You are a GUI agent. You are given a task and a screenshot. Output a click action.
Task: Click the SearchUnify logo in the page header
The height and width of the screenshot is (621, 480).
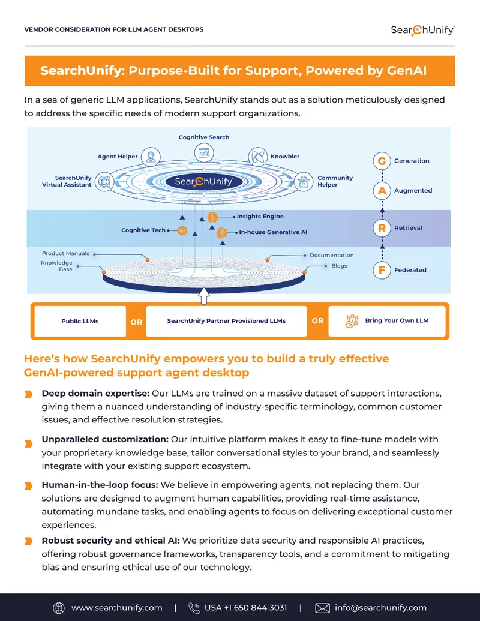(x=422, y=30)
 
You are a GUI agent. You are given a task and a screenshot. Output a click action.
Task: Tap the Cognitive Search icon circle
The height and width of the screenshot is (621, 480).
(x=204, y=152)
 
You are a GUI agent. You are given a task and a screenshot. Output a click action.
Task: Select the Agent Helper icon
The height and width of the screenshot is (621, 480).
(x=151, y=157)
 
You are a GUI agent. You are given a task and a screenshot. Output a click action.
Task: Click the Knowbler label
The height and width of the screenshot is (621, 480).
(x=285, y=157)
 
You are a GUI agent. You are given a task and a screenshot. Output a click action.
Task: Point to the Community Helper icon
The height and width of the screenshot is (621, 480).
(x=304, y=182)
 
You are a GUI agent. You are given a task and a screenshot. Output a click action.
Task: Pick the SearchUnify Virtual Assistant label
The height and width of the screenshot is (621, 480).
(x=67, y=181)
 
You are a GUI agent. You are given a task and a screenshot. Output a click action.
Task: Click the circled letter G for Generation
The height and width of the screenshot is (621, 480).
(x=382, y=161)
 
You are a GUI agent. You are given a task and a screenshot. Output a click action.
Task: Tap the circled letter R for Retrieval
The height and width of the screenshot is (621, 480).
(x=382, y=228)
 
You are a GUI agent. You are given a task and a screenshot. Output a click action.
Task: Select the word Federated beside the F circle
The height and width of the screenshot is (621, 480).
(x=410, y=270)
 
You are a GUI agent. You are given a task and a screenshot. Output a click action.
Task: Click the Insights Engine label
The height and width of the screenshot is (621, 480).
(x=260, y=216)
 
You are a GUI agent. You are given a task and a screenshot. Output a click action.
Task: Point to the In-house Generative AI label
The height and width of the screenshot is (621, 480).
(x=273, y=232)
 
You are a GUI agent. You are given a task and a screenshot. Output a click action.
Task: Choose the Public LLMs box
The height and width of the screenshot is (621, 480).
(x=80, y=321)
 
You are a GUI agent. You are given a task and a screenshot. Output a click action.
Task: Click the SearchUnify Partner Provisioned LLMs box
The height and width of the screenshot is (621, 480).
(x=226, y=321)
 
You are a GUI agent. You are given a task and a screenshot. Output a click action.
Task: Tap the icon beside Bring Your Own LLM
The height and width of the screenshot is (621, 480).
(x=352, y=321)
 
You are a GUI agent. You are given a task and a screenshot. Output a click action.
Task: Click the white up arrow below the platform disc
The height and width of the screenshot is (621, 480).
(x=203, y=296)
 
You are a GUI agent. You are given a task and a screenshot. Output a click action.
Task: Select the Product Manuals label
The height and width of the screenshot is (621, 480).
(x=66, y=253)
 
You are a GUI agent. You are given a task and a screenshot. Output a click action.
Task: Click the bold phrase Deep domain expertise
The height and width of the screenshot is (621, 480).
(x=95, y=393)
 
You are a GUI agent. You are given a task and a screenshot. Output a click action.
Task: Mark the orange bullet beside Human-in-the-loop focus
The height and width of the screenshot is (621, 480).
(x=29, y=486)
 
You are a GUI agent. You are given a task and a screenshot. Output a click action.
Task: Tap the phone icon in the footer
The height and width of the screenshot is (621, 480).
(x=194, y=608)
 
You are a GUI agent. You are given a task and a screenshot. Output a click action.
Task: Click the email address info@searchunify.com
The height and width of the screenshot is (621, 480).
(x=380, y=608)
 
